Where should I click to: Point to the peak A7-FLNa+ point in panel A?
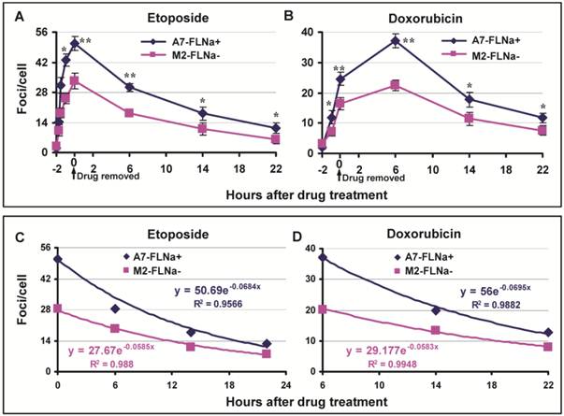(x=75, y=43)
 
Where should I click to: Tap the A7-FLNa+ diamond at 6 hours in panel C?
(x=116, y=308)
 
